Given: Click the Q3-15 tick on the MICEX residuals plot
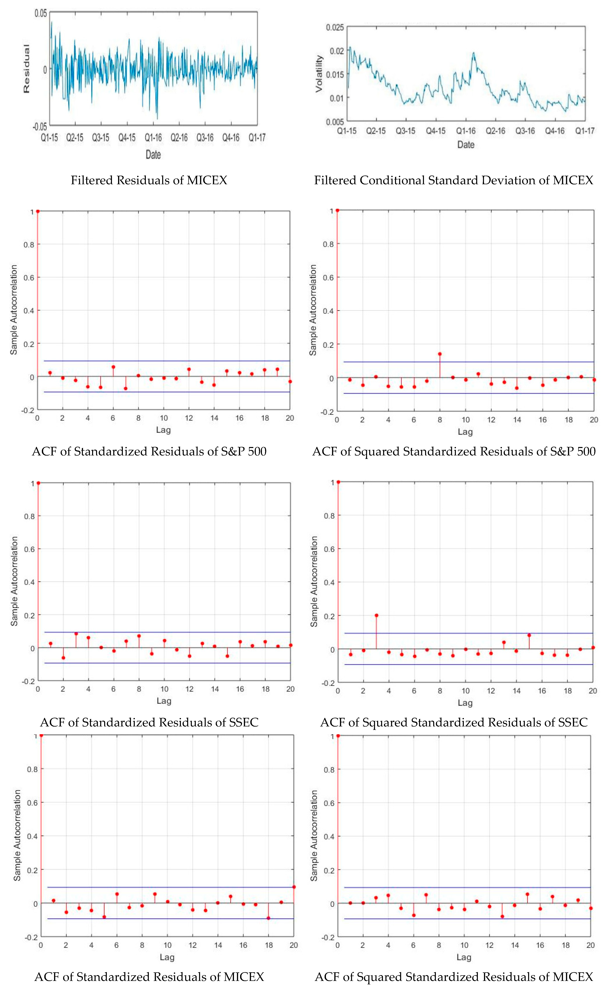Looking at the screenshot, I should coord(101,138).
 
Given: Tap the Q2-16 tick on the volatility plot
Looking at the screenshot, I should coord(495,131).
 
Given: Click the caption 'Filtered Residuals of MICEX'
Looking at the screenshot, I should coord(149,180).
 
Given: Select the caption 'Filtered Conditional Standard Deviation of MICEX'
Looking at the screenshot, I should coord(453,180).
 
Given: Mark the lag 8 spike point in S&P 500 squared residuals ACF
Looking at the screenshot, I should coord(440,354).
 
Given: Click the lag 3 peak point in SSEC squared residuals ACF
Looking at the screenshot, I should coord(376,615).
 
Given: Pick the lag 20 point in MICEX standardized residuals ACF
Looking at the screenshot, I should coord(294,887).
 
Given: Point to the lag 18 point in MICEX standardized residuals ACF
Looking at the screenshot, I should coord(269,918).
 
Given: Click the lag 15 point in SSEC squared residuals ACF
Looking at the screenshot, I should coord(529,635).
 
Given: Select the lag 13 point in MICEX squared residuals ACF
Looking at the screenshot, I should coord(502,916).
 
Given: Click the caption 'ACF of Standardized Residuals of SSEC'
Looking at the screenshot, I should coord(149,722).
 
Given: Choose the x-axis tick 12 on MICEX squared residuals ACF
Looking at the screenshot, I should coord(489,945).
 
